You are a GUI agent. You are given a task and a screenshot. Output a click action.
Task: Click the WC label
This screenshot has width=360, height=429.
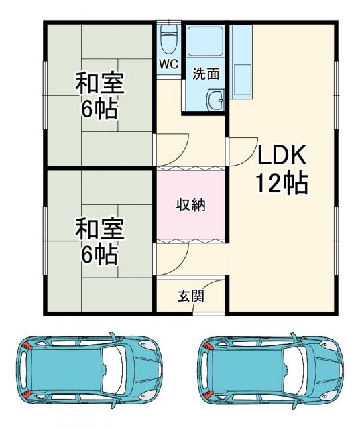[x=168, y=65]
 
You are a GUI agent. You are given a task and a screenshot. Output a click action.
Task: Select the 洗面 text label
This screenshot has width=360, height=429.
[x=206, y=74]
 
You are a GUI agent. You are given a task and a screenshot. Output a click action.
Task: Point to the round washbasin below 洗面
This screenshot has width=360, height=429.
[x=216, y=101]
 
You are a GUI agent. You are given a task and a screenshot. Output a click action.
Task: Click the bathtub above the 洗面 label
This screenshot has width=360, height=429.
[x=205, y=42]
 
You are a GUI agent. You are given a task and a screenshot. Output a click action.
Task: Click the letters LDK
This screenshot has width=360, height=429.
[x=282, y=156]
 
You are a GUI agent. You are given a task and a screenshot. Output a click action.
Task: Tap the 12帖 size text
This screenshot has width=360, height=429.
[x=282, y=182]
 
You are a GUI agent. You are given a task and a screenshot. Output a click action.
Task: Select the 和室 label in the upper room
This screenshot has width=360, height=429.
[x=99, y=84]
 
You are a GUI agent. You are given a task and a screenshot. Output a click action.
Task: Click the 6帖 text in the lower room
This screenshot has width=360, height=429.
[x=99, y=255]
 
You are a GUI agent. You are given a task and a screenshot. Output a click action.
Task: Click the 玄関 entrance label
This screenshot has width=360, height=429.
[x=191, y=296]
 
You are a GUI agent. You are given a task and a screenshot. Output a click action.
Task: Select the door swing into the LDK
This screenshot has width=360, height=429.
[x=240, y=149]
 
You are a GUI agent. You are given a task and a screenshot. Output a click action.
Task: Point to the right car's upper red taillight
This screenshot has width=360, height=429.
[x=207, y=346]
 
